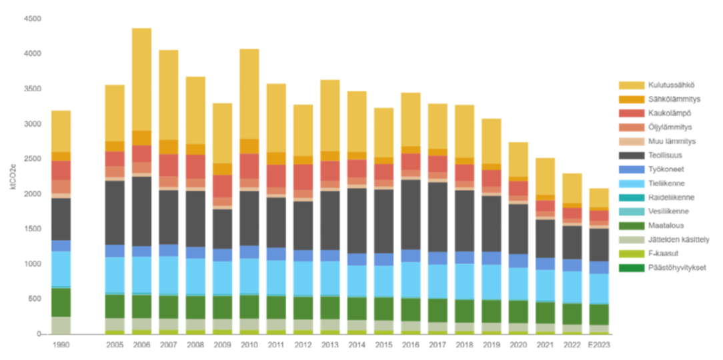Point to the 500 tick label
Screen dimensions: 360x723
[35, 299]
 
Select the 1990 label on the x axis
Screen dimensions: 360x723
[61, 345]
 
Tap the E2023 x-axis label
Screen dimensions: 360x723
[599, 345]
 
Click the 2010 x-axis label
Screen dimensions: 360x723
[249, 345]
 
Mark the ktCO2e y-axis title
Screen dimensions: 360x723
[13, 177]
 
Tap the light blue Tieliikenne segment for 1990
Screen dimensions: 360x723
[61, 269]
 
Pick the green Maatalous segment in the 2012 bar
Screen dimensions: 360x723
[303, 307]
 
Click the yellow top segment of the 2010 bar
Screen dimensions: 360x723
[249, 93]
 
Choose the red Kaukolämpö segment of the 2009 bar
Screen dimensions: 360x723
[222, 186]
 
